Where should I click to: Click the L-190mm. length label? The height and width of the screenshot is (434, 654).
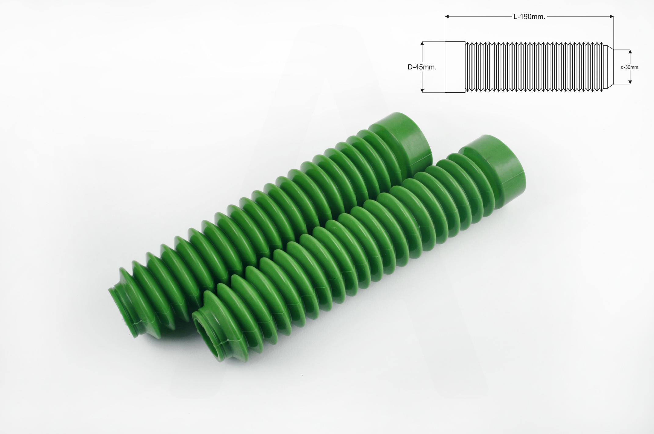pos(529,17)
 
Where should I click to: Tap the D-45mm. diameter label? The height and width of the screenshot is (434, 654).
pos(422,67)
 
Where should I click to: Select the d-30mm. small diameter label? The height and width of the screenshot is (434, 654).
pos(630,67)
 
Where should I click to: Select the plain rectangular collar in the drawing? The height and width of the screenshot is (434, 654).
pos(455,67)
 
